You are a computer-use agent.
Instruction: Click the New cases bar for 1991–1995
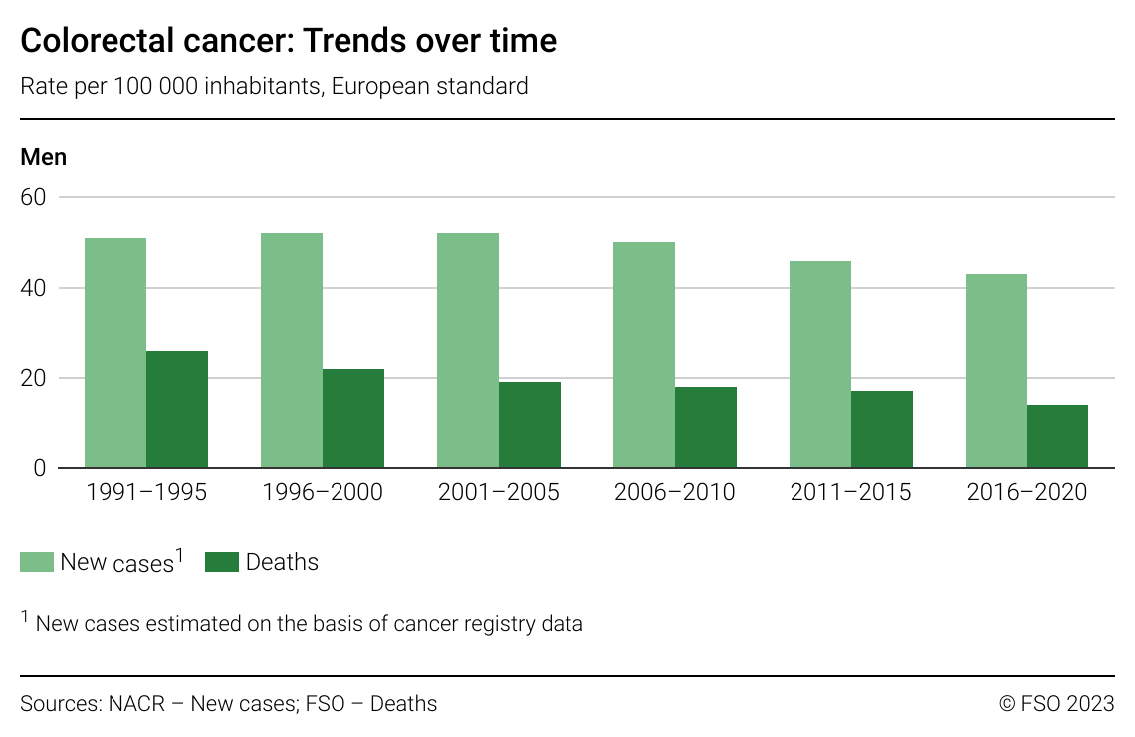tap(115, 354)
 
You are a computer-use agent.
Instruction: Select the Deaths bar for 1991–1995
tap(177, 409)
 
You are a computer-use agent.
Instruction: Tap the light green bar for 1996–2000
tap(292, 351)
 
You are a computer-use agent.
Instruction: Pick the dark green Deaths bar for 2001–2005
tap(530, 425)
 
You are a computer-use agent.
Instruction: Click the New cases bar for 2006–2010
tap(644, 356)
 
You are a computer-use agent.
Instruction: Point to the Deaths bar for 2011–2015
tap(882, 430)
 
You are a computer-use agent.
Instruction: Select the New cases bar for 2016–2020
tap(997, 371)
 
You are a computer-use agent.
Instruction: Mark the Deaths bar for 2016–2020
tap(1057, 437)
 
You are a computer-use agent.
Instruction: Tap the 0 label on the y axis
tap(40, 468)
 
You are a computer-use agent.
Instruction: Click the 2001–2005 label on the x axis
tap(498, 493)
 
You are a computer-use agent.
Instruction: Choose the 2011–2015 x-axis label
tap(850, 493)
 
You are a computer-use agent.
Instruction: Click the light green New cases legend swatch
tap(37, 562)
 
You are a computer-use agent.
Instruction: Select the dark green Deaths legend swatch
tap(222, 562)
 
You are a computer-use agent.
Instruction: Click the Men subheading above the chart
tap(44, 157)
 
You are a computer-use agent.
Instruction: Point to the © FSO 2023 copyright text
tap(1055, 704)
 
